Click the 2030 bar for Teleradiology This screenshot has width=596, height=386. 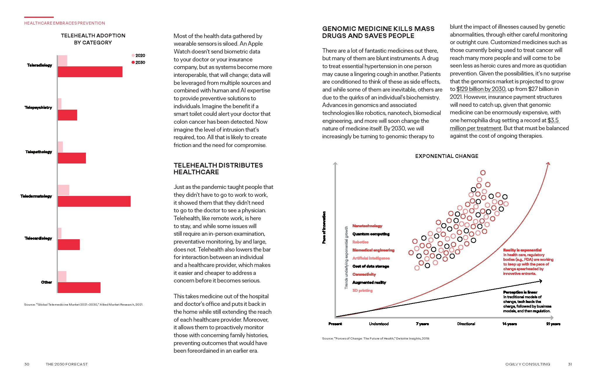point(90,72)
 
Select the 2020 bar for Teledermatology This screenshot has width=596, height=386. point(63,190)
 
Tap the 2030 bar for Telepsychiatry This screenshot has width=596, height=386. point(67,115)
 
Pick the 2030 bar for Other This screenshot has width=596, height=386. point(79,287)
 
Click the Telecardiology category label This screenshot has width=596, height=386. point(38,238)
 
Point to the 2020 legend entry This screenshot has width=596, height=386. point(138,55)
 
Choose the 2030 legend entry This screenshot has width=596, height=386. point(138,62)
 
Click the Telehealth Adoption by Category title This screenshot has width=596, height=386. point(93,39)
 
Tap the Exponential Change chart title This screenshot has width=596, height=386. point(447,156)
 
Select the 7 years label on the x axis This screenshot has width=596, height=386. point(422,324)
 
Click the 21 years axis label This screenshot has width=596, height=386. point(553,324)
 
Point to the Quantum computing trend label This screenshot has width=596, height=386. point(371,234)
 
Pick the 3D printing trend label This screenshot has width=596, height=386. point(362,290)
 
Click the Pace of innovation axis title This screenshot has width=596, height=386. point(324,228)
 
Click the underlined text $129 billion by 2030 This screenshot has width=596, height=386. point(481,89)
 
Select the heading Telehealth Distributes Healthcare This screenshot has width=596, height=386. point(218,169)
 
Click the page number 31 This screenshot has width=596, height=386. point(570,364)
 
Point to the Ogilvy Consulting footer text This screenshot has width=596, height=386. point(528,364)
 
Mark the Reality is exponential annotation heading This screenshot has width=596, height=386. point(522,250)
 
